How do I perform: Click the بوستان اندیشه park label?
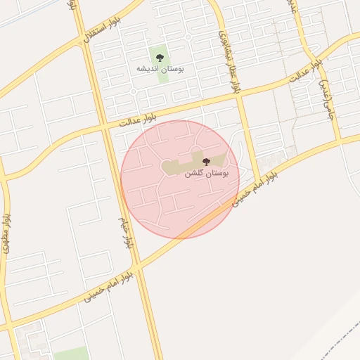pos(161,70)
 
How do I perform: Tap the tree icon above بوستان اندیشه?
pos(161,58)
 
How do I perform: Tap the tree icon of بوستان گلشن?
pos(206,162)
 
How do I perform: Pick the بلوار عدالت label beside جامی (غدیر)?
pos(309,73)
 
